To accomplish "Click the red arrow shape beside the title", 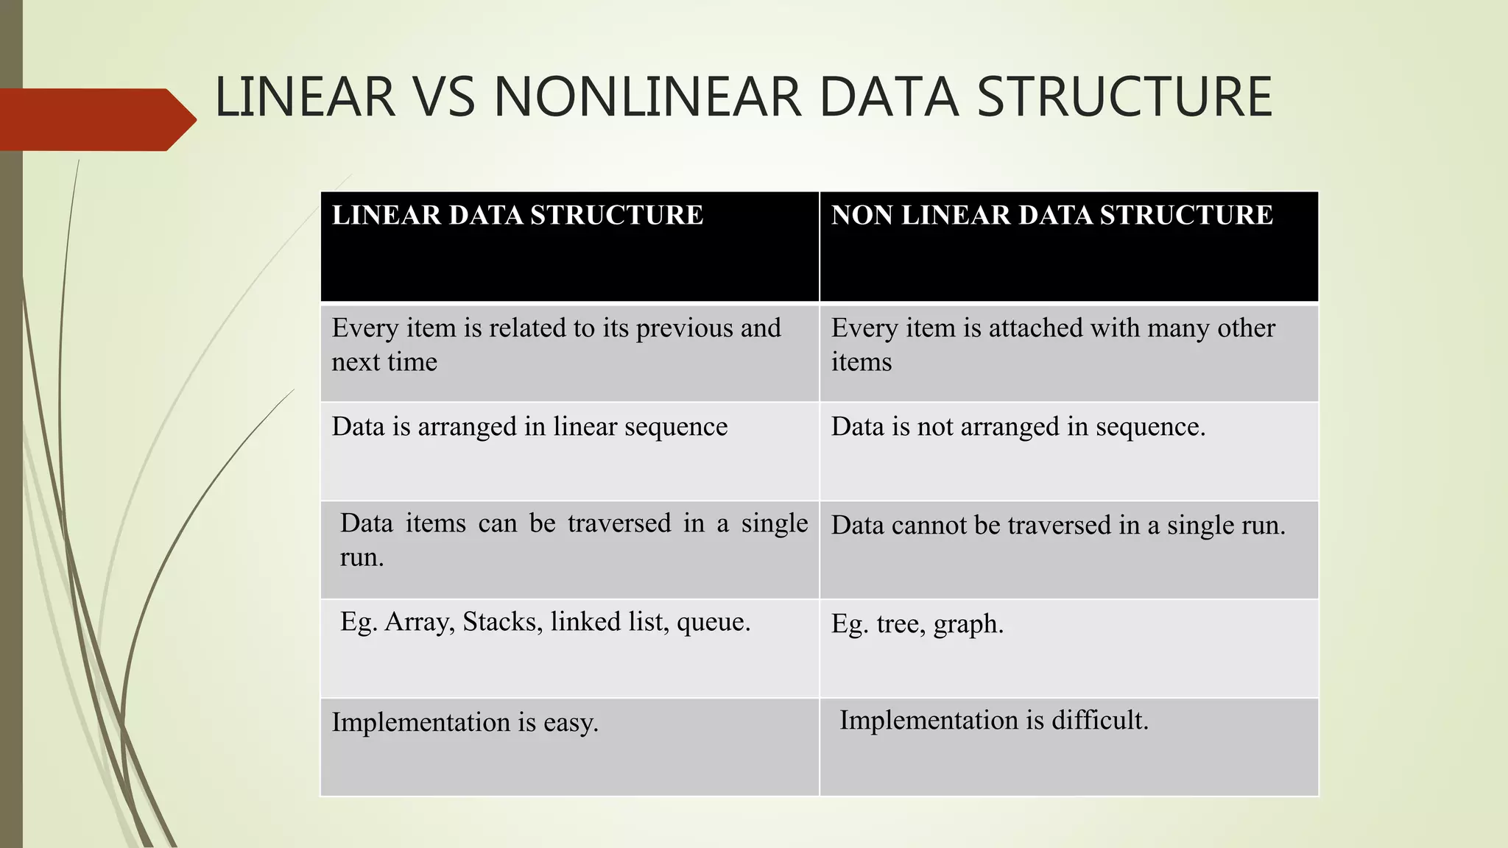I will point(96,119).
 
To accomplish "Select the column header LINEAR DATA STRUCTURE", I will point(517,215).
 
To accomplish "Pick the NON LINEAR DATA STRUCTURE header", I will point(1051,215).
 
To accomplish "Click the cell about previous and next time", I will point(556,344).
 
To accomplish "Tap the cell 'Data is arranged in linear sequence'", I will point(529,426).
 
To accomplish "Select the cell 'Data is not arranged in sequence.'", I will point(1018,426).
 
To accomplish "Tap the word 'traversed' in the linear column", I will point(619,523).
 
